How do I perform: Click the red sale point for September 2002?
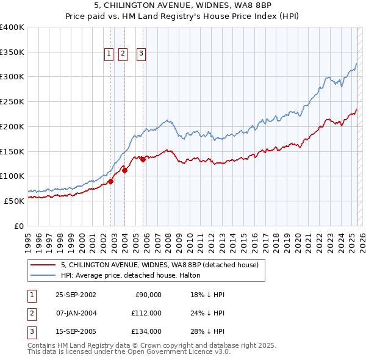(x=110, y=181)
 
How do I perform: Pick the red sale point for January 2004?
(x=124, y=170)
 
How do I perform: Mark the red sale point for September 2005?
(x=143, y=159)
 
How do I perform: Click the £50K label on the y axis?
(x=14, y=201)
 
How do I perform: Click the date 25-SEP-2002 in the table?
(x=76, y=295)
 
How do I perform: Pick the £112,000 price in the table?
(x=146, y=313)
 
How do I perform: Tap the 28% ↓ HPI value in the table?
(x=208, y=331)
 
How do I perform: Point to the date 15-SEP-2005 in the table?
(x=76, y=331)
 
